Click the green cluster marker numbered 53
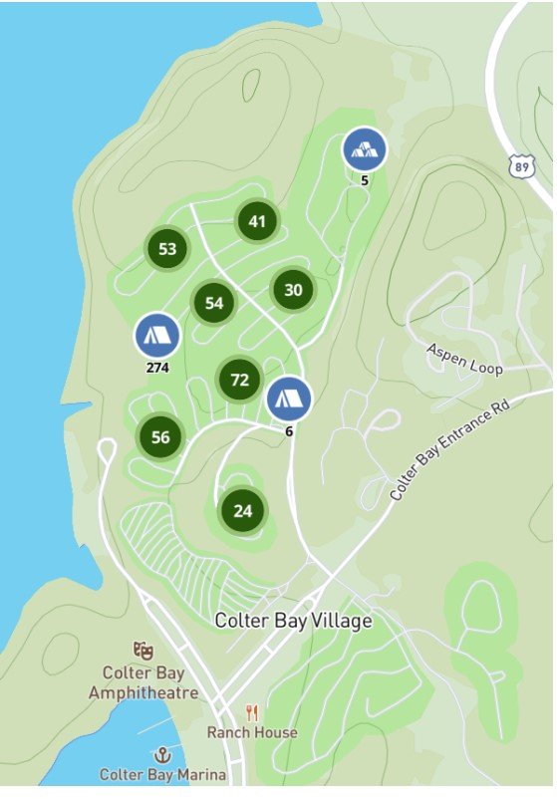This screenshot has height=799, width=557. (167, 249)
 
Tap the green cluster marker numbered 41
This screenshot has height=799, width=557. (258, 221)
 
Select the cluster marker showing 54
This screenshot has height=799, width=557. (214, 303)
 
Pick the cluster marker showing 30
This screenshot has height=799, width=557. (293, 290)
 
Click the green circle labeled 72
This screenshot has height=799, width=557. (239, 379)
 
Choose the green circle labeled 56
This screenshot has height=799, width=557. (161, 436)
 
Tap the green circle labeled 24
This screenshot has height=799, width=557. (243, 511)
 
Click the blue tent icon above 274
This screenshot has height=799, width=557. (157, 336)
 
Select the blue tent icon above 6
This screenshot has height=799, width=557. (289, 399)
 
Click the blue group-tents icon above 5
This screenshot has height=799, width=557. (365, 150)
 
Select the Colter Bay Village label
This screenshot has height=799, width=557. (293, 621)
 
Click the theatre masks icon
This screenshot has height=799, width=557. (143, 651)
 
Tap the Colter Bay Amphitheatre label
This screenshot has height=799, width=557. (143, 682)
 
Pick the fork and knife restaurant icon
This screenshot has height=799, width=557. (252, 712)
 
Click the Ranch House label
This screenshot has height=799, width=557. (252, 732)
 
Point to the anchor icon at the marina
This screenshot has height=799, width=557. (161, 754)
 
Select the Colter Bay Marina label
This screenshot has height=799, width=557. (162, 774)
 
